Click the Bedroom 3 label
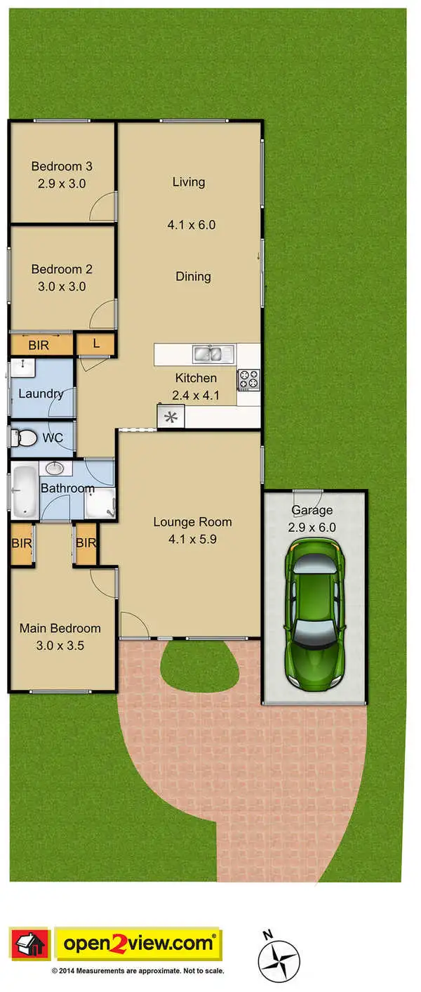pos(62,167)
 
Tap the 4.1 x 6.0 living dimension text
pos(191,226)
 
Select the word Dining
pos(193,277)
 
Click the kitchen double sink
pos(207,353)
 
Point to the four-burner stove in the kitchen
pos(249,379)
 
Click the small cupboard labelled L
pos(95,344)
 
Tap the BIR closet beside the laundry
pos(41,345)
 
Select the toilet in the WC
pos(24,438)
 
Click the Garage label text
pos(312,510)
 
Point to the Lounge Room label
pos(192,522)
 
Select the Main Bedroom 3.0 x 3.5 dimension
pos(61,646)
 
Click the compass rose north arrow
pos(279,960)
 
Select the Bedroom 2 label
pos(62,269)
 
